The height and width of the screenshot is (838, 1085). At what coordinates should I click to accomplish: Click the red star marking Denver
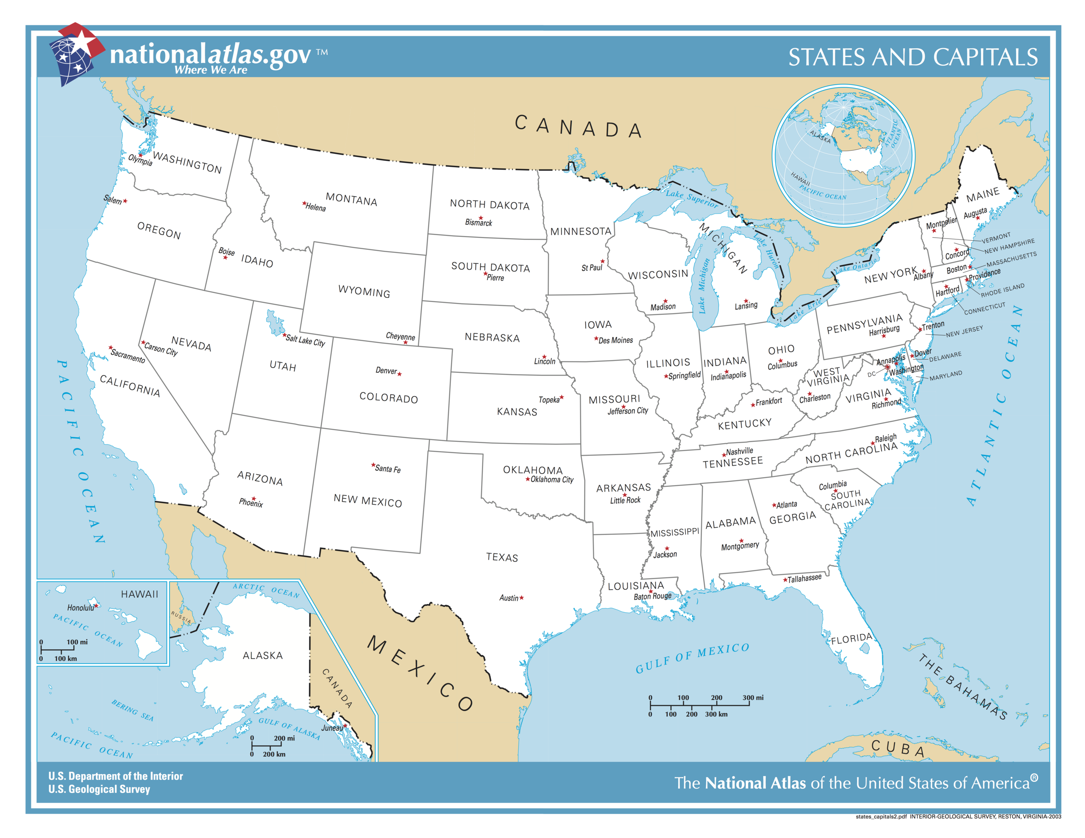[399, 374]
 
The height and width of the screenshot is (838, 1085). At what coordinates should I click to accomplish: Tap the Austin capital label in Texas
[508, 598]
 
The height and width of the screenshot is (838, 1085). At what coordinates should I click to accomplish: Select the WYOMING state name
[364, 291]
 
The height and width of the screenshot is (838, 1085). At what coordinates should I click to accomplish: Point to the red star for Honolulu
[96, 605]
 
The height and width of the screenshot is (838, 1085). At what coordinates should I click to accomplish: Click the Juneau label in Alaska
[331, 728]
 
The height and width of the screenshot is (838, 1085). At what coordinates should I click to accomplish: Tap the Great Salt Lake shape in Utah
[275, 323]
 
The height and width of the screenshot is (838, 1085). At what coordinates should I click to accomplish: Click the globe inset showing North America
[843, 155]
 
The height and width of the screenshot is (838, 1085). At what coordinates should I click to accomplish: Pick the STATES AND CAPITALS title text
[913, 57]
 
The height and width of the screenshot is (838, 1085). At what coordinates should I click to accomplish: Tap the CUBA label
[898, 749]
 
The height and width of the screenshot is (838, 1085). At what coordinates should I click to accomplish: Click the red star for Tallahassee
[785, 580]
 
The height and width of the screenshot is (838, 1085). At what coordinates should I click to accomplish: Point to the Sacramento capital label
[128, 356]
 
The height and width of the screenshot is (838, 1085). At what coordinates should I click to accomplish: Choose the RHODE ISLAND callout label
[1002, 290]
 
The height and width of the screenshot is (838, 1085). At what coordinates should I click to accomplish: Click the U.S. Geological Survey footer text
[99, 789]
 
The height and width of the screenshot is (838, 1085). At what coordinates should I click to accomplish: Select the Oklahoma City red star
[528, 479]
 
